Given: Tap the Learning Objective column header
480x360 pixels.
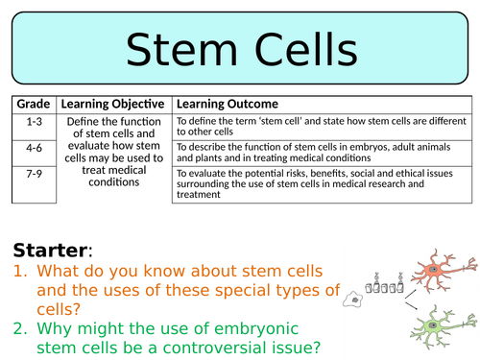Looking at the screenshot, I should click(x=113, y=104).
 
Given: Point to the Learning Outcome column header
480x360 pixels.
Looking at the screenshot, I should click(x=227, y=104).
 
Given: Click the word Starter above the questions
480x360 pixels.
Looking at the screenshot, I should click(x=50, y=251).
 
